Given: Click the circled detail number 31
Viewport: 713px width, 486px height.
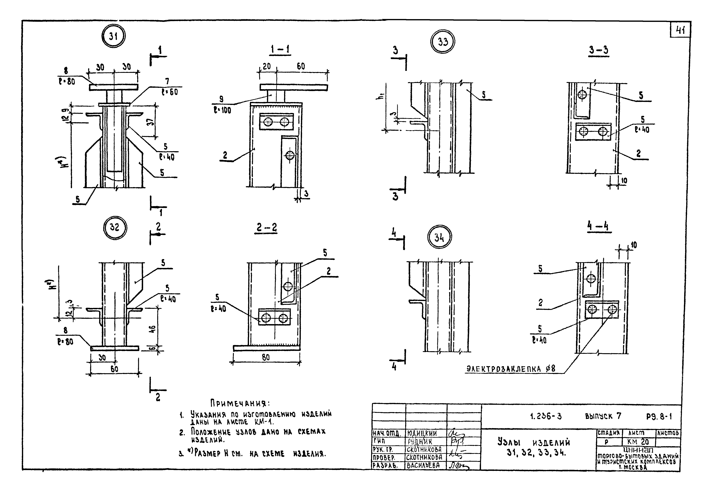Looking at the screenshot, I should (113, 36).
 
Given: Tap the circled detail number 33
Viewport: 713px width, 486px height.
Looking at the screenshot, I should (442, 42).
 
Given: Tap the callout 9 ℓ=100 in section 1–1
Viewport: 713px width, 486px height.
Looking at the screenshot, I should (222, 105).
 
